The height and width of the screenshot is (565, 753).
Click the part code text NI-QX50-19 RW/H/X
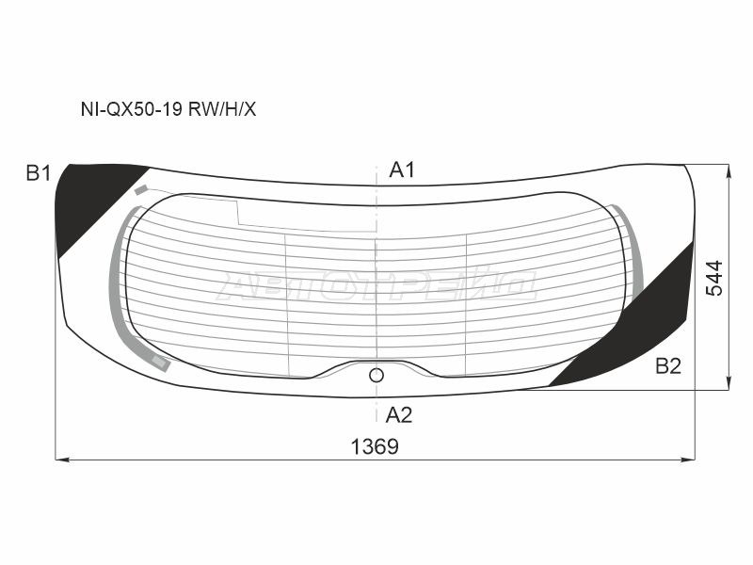168,109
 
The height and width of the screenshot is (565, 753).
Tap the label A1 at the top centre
402,169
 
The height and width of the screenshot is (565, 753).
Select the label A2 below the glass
398,414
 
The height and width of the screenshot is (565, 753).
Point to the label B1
39,173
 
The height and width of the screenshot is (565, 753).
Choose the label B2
668,366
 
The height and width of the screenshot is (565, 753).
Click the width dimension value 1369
375,446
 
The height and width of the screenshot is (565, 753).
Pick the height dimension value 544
714,278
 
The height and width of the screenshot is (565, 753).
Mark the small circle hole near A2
376,375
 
